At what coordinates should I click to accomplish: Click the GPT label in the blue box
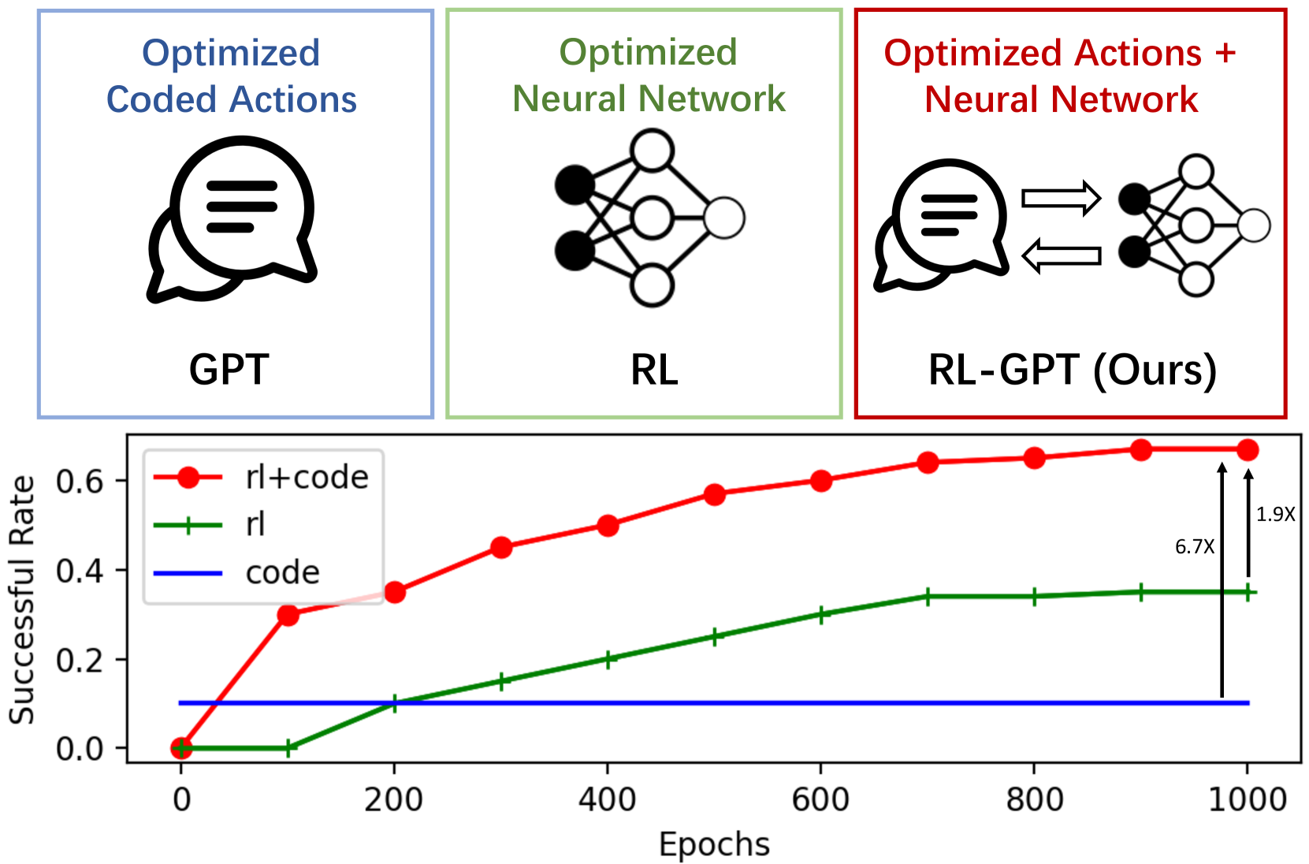[x=229, y=369]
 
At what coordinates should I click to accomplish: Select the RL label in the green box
[x=654, y=369]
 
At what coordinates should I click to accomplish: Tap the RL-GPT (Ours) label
[x=1073, y=369]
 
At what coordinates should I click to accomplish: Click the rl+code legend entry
[x=307, y=478]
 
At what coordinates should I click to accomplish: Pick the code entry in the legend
[x=282, y=573]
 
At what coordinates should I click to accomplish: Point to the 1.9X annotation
[x=1275, y=515]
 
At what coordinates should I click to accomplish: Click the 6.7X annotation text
[x=1195, y=547]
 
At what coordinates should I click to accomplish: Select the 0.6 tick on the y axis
[x=80, y=481]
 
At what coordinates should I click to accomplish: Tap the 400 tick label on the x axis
[x=607, y=800]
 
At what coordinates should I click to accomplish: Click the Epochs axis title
[x=714, y=844]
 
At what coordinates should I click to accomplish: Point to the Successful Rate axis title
[x=22, y=599]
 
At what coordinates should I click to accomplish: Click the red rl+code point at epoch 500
[x=715, y=494]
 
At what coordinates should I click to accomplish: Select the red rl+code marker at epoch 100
[x=288, y=615]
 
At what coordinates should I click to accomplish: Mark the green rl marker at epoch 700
[x=928, y=597]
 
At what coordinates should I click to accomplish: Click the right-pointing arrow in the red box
[x=1061, y=198]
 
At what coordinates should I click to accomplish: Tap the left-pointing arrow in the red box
[x=1061, y=255]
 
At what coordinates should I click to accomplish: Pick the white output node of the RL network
[x=724, y=218]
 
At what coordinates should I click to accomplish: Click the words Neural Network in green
[x=649, y=99]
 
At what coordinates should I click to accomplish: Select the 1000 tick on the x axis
[x=1247, y=800]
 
